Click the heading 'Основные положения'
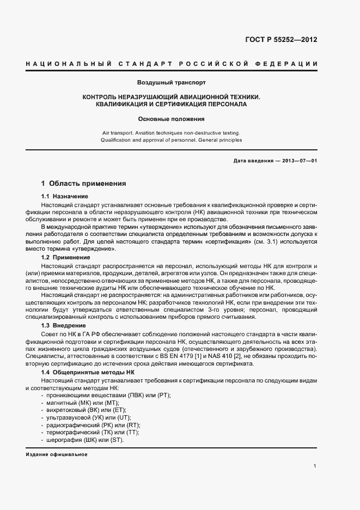point(171,118)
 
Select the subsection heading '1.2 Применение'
point(65,257)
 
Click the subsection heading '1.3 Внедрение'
point(63,325)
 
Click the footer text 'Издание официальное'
point(56,454)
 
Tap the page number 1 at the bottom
point(315,466)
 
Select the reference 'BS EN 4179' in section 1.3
point(167,356)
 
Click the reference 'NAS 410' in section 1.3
point(211,356)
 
